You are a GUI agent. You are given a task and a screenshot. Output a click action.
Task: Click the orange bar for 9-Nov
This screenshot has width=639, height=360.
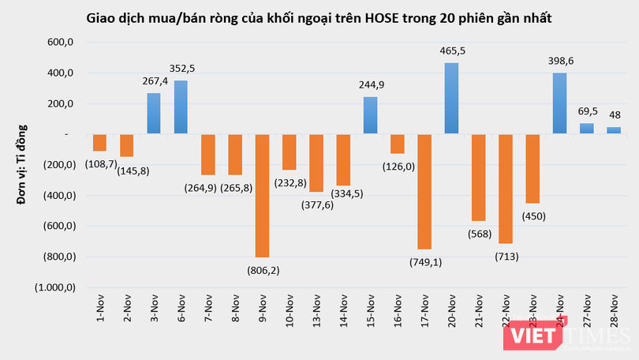[262, 196]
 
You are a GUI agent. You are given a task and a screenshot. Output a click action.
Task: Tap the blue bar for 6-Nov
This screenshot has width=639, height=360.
[181, 107]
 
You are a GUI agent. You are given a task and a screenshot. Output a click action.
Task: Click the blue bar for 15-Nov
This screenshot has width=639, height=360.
[370, 116]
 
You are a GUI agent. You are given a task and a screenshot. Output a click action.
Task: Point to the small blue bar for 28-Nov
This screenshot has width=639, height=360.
[614, 131]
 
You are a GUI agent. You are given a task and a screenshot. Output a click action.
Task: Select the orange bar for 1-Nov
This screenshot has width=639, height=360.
[99, 143]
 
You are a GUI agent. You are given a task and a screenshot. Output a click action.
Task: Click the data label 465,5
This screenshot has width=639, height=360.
[453, 51]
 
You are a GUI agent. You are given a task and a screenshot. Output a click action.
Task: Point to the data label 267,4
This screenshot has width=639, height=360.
[154, 81]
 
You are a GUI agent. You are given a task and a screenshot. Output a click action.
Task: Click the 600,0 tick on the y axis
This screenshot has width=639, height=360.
[58, 43]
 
